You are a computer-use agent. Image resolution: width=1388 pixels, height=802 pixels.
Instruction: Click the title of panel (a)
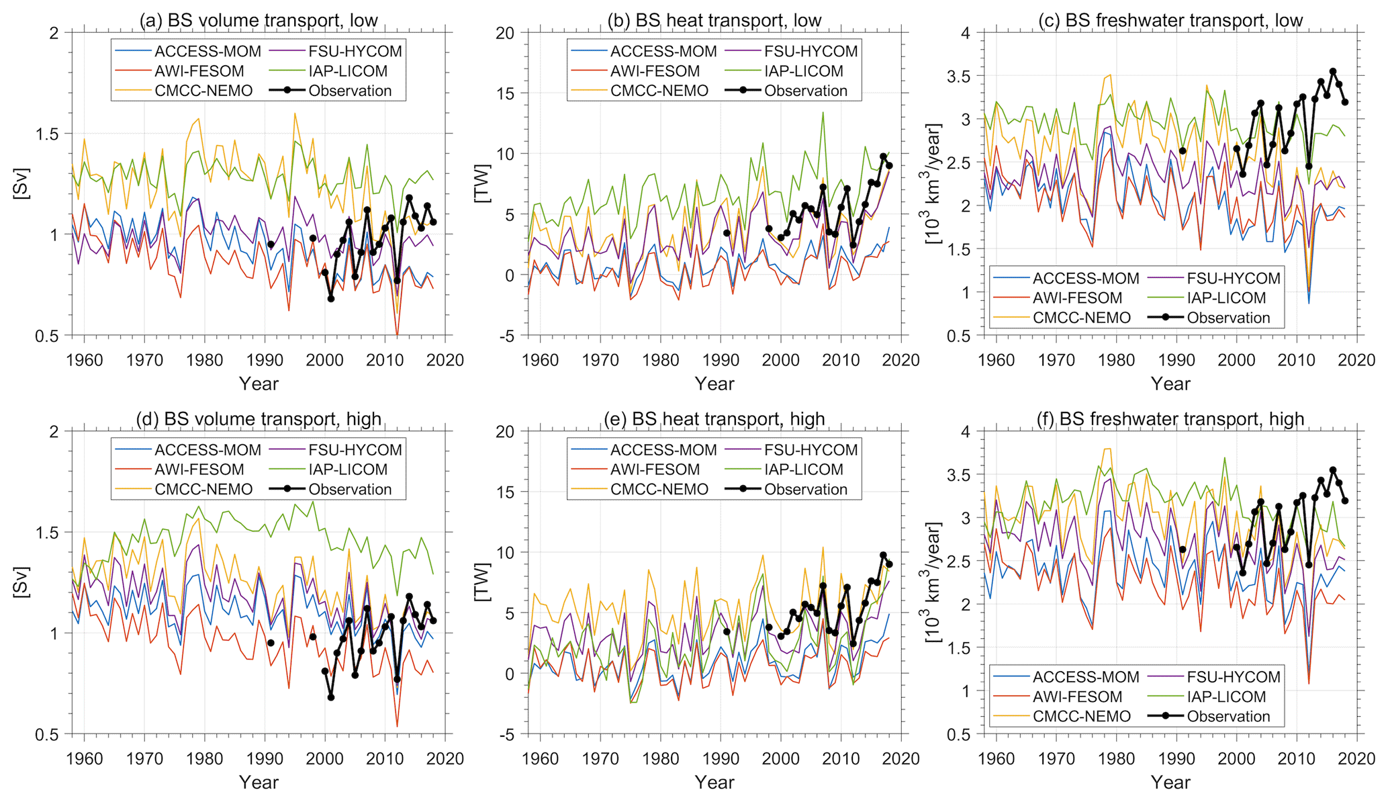[259, 20]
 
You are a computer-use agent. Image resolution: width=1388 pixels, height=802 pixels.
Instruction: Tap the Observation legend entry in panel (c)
[1228, 318]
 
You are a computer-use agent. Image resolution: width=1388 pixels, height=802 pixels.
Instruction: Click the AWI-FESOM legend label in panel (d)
[199, 470]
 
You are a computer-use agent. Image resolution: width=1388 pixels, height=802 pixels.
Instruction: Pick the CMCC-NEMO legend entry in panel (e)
[659, 489]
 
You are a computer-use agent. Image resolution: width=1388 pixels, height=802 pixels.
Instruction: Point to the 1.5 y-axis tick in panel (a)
[54, 134]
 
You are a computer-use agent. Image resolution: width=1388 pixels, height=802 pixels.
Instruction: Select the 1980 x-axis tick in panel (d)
[205, 758]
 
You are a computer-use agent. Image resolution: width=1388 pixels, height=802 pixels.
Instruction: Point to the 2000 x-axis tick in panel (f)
[1237, 758]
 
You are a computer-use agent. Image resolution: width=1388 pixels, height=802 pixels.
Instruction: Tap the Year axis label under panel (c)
[1170, 384]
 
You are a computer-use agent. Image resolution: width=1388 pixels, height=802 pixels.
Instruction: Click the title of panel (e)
[714, 419]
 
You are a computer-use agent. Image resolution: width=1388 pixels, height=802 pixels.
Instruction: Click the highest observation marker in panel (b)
[883, 157]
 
